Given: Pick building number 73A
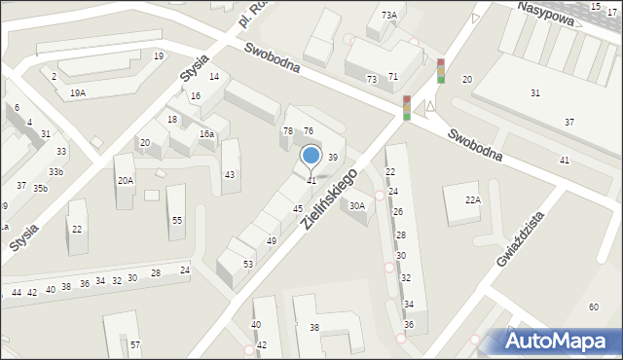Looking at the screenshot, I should point(389,15).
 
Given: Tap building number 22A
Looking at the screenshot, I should point(472,199).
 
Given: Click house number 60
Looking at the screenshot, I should point(593,307).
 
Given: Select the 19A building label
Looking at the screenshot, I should point(78,92).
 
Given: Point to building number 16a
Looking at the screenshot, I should point(206,134).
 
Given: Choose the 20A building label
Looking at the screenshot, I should point(126,180).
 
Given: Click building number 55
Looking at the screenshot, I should point(177,221).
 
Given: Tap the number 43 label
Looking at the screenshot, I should point(230,175).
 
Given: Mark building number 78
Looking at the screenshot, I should point(287,130).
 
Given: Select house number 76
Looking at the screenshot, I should point(308,130).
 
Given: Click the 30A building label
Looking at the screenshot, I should point(357,205).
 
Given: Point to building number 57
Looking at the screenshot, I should point(135,345).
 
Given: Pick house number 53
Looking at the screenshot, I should point(248,265).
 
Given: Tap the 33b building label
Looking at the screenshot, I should point(56,172).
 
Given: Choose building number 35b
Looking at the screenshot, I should point(40,188).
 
